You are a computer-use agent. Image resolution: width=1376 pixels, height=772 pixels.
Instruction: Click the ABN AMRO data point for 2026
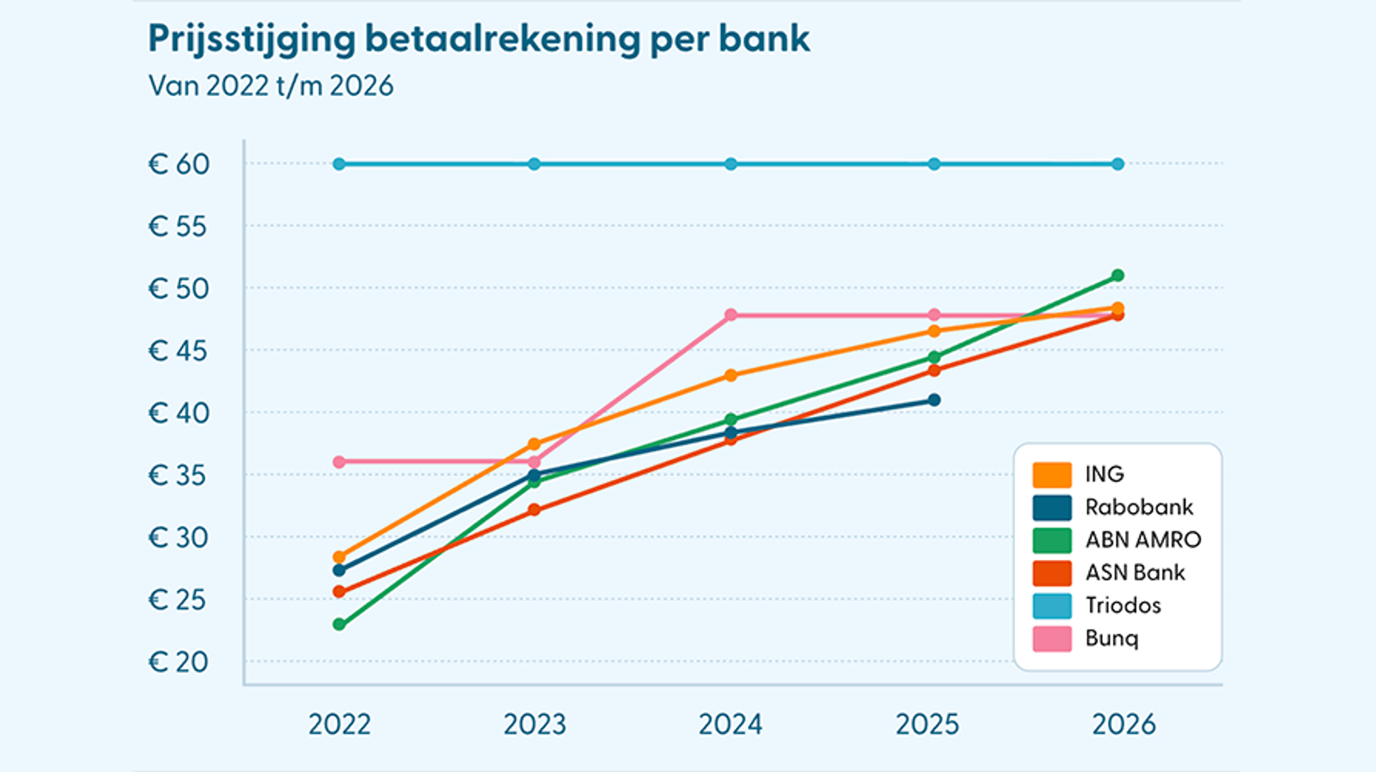click(x=1117, y=276)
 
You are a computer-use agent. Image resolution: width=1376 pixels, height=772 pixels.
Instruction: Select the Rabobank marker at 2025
click(x=934, y=400)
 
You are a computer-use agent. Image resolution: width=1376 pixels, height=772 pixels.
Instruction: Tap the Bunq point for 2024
click(x=730, y=315)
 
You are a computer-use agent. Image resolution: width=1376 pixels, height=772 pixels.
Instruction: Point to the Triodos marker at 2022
click(x=339, y=164)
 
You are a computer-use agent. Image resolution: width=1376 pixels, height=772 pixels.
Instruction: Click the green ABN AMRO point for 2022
click(x=339, y=624)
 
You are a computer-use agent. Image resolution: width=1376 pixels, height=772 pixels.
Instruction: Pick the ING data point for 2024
click(x=730, y=375)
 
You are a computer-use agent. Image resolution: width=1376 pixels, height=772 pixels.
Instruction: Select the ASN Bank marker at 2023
click(x=534, y=510)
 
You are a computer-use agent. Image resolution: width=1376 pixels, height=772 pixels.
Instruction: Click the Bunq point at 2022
click(x=339, y=462)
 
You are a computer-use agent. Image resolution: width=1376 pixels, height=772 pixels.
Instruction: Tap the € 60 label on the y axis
click(x=179, y=165)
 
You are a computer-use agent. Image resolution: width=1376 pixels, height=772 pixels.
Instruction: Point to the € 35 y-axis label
click(x=178, y=476)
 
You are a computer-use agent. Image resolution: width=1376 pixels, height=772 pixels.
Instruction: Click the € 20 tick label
click(x=179, y=662)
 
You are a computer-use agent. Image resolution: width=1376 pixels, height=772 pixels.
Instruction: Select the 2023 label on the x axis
click(x=535, y=725)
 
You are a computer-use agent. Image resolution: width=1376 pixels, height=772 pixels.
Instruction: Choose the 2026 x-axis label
click(x=1124, y=725)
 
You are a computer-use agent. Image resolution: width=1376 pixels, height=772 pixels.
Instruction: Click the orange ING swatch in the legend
click(x=1051, y=474)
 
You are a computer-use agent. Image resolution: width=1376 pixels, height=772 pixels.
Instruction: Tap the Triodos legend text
click(x=1122, y=606)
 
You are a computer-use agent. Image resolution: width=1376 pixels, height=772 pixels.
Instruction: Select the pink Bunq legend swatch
click(x=1051, y=639)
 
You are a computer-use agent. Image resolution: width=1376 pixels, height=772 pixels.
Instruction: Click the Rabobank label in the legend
click(x=1138, y=507)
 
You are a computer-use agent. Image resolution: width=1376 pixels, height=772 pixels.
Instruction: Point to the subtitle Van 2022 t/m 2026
click(x=271, y=86)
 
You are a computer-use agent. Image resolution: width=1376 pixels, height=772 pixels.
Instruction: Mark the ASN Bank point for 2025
click(x=934, y=370)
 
